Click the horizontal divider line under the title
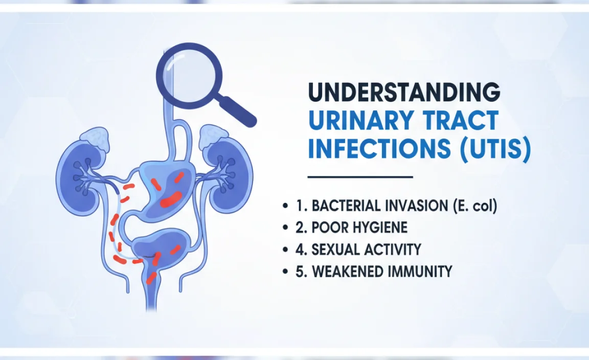(360, 177)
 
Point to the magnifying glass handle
(237, 109)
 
